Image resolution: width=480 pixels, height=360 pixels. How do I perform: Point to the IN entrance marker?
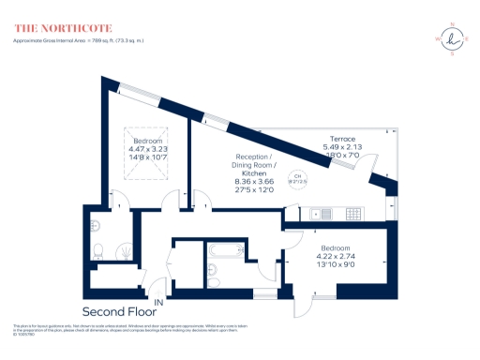158,304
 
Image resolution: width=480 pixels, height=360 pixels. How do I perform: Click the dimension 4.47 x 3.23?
148,148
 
